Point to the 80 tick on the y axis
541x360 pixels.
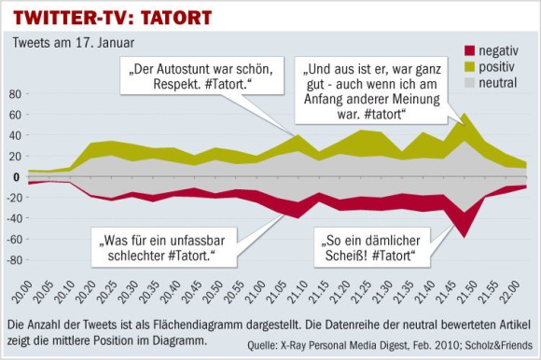[15, 94]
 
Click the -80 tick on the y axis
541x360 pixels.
[14, 260]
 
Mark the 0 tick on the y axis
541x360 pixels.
[18, 177]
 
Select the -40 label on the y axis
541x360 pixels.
[14, 219]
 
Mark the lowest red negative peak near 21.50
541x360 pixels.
[464, 237]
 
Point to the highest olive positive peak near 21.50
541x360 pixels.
[465, 116]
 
